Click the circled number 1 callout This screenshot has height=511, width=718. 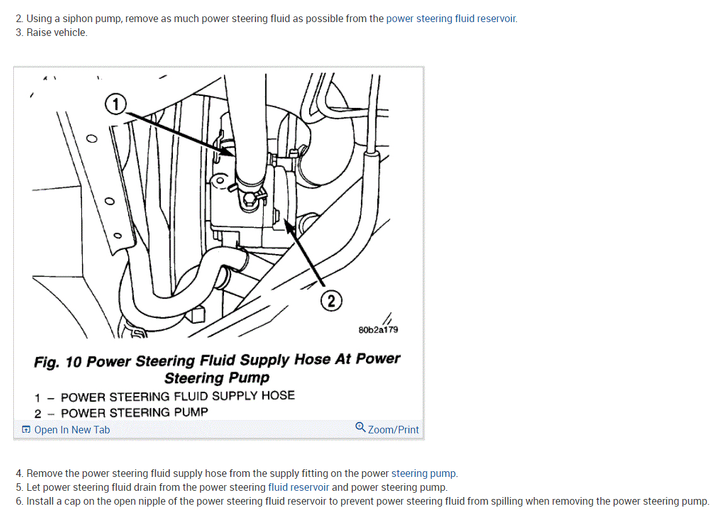point(116,104)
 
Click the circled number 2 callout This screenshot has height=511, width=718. point(332,301)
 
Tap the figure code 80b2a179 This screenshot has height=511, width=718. point(378,329)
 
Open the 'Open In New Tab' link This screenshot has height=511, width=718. point(71,430)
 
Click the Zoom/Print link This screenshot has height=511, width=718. point(393,430)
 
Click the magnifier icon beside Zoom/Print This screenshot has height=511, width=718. point(360,427)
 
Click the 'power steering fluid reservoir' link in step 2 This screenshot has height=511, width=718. point(451,18)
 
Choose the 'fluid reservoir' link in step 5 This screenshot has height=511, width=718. point(298,487)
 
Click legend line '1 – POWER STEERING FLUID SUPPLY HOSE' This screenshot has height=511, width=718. point(165,396)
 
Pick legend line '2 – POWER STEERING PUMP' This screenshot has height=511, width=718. point(121,413)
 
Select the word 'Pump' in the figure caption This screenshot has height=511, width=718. point(251,378)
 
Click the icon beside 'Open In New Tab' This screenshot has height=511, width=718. point(26,430)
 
